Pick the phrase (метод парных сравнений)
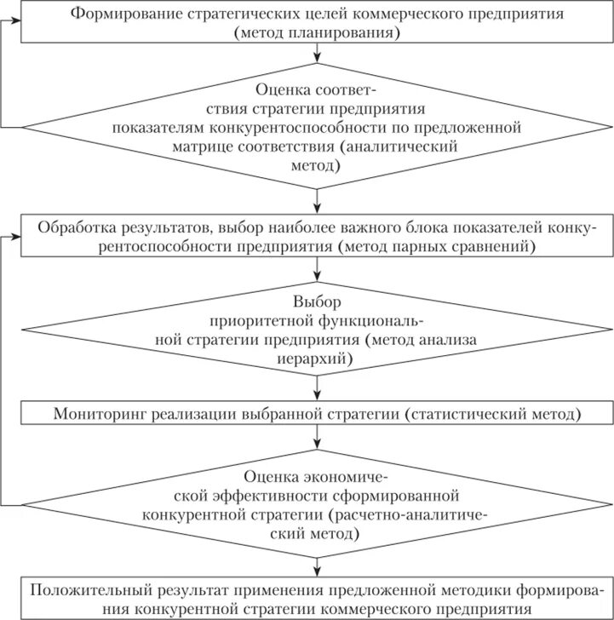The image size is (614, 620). tap(436, 248)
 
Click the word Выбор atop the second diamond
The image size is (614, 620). tap(317, 303)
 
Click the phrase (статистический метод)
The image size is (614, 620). tap(494, 415)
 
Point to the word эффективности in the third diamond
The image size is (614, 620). tap(251, 496)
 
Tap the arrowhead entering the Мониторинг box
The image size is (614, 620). tap(317, 399)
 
